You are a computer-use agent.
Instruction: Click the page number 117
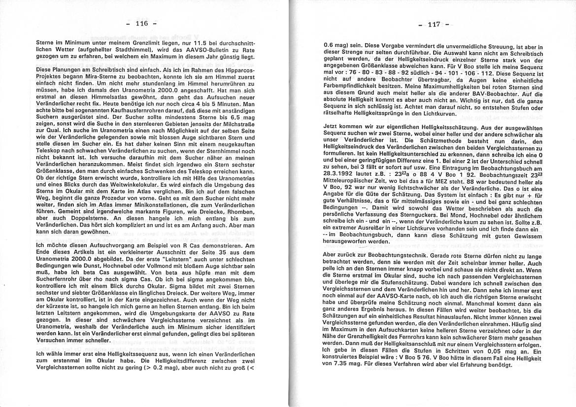pyautogui.click(x=434, y=24)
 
